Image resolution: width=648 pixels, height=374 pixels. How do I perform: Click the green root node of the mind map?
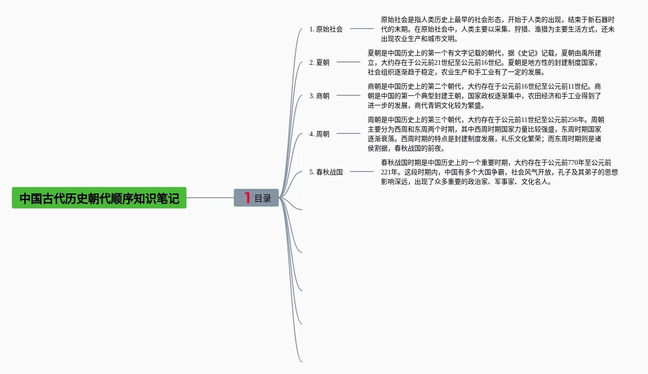99,198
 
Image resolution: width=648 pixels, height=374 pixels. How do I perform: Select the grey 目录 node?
257,198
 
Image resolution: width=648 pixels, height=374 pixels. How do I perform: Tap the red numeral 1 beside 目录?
247,198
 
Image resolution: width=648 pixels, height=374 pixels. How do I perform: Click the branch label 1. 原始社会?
326,29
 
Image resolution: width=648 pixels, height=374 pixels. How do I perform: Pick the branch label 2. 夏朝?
319,62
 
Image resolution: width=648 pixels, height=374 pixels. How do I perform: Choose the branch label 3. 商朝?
319,96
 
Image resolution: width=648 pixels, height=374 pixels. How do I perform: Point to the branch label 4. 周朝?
319,134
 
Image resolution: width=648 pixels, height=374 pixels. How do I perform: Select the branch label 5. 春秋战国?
326,172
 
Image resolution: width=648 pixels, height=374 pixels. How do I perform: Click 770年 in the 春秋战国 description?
575,162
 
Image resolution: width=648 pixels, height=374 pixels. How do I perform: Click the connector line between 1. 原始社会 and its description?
362,29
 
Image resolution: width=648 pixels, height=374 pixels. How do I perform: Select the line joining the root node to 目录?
210,198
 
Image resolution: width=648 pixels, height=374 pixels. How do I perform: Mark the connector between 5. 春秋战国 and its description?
362,172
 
